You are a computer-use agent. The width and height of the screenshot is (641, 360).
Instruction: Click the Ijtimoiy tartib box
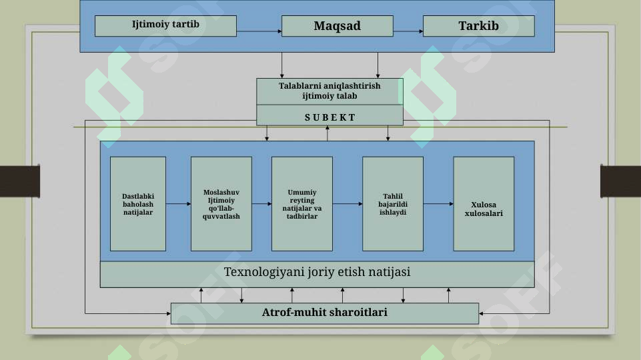[165, 26]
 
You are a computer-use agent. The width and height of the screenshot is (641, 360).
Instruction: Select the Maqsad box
[338, 26]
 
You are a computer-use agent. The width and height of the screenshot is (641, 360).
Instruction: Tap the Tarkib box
[479, 26]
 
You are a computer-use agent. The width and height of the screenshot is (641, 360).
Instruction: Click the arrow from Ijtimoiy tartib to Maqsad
[259, 31]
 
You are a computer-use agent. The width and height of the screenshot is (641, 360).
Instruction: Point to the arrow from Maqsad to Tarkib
[408, 31]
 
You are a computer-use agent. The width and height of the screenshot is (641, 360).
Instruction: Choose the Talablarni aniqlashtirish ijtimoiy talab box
[330, 91]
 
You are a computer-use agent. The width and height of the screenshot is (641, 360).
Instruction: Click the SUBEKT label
[330, 118]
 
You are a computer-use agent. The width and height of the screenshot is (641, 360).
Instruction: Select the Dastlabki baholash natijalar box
[138, 204]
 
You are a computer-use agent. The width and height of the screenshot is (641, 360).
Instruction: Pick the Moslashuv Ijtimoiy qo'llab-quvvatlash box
[221, 204]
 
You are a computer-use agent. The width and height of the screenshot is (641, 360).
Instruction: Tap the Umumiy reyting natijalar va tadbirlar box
[302, 204]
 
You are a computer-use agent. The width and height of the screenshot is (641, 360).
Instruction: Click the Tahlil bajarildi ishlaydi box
[393, 204]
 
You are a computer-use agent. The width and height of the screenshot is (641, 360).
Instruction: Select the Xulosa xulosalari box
[484, 204]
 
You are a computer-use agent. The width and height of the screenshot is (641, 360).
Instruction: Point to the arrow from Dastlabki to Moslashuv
[178, 204]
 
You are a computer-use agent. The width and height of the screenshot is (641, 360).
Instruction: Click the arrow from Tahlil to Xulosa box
[438, 204]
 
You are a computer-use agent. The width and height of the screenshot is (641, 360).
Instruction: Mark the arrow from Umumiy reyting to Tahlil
[348, 204]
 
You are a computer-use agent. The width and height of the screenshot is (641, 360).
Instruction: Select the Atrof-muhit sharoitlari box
[325, 313]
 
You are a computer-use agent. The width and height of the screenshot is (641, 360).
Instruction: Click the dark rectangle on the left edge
[20, 181]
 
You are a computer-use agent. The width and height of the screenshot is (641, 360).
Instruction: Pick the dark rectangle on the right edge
[620, 181]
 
